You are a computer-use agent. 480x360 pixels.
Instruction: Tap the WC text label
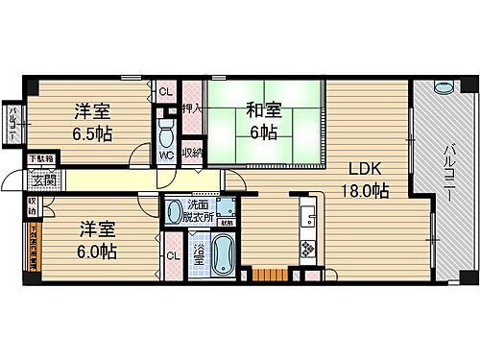164,153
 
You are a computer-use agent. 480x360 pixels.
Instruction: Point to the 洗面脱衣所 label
199,210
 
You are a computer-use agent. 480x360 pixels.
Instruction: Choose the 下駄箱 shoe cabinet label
40,159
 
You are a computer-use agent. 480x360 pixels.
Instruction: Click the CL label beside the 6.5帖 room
164,92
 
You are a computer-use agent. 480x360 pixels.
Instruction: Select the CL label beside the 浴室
172,255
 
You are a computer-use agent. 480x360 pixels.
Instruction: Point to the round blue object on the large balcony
443,88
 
